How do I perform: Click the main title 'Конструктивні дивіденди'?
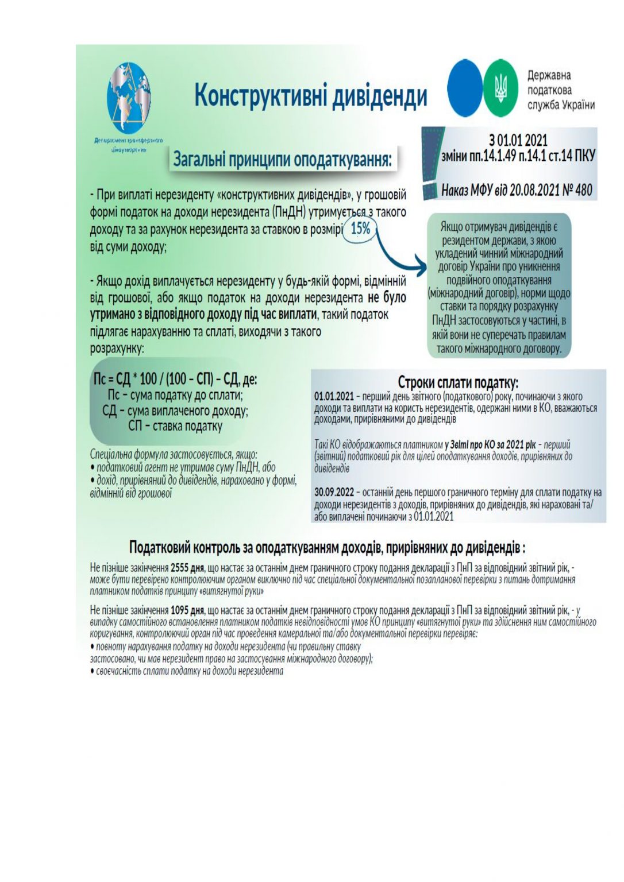(311, 95)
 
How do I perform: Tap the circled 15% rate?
(360, 229)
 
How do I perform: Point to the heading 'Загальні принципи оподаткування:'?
(283, 159)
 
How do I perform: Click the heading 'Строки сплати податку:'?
(458, 382)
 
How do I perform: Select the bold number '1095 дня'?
(188, 610)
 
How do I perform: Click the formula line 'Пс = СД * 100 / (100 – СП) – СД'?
(175, 380)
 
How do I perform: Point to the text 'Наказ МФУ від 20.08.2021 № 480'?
(517, 190)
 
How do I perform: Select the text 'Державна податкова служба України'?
(560, 90)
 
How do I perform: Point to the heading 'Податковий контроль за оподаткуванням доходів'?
(327, 547)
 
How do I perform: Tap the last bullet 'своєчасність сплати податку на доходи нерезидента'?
(189, 671)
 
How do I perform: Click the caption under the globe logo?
(129, 144)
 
